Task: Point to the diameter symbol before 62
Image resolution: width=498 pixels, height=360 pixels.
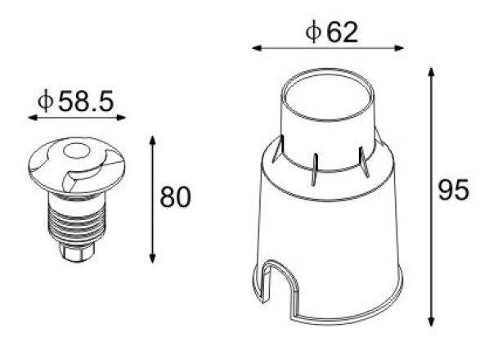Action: click(312, 32)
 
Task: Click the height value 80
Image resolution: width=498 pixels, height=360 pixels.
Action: click(175, 198)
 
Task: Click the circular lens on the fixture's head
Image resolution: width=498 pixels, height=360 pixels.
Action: click(78, 150)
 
